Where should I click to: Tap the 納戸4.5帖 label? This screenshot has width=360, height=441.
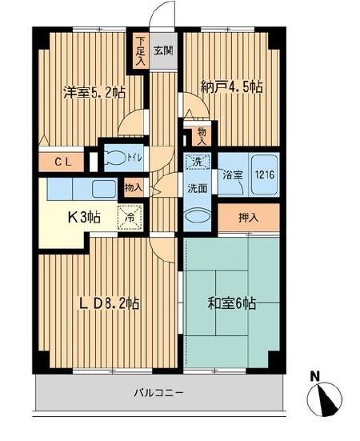(231, 87)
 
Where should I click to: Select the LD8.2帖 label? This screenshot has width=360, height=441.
(108, 303)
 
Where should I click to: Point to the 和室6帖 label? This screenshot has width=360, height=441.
(231, 303)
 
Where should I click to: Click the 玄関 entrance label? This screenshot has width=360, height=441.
(162, 50)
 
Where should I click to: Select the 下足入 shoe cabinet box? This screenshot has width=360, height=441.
(140, 50)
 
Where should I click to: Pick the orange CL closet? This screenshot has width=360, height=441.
(65, 162)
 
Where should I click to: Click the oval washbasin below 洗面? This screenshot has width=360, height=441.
(197, 216)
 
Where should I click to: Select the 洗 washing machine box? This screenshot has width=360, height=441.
(197, 162)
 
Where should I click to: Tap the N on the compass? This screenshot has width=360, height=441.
(317, 375)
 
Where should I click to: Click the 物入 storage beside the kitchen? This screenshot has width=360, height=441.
(134, 189)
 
